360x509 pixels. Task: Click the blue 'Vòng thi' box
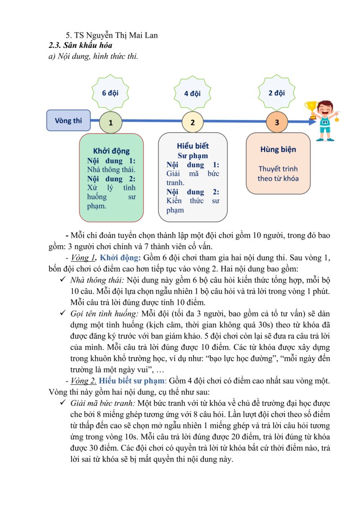[x=68, y=121]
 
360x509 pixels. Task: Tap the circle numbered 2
[x=193, y=122]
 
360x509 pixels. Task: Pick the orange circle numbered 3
[x=277, y=122]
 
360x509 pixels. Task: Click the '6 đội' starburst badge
[x=110, y=93]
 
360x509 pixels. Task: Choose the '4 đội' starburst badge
[x=192, y=94]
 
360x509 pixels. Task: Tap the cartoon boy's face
[x=325, y=110]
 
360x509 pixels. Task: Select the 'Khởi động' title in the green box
[x=111, y=151]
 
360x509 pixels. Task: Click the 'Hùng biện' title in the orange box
[x=278, y=150]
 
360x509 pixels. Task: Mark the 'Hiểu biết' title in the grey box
[x=193, y=146]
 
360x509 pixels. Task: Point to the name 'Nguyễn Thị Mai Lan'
[x=119, y=36]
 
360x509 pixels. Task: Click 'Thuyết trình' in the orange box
[x=278, y=169]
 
